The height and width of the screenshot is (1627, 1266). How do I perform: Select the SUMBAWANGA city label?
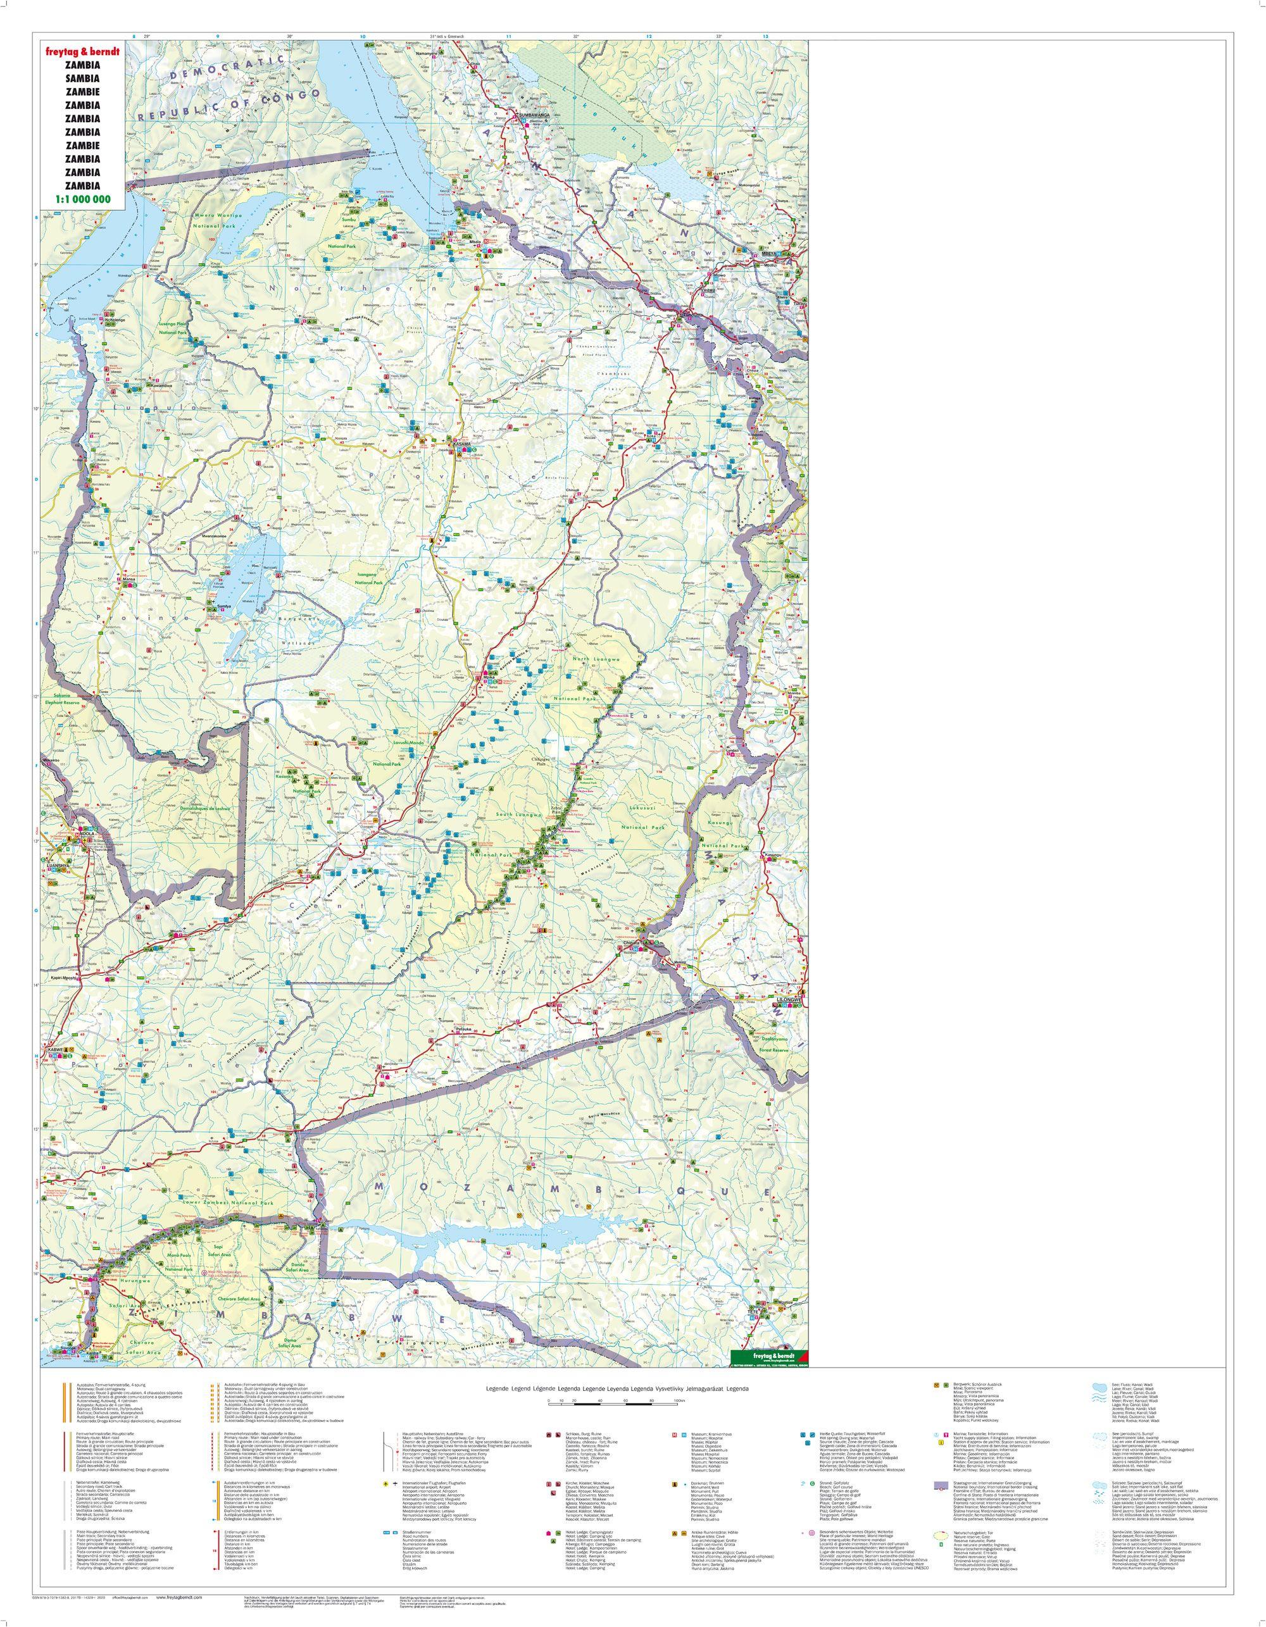pos(534,115)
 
